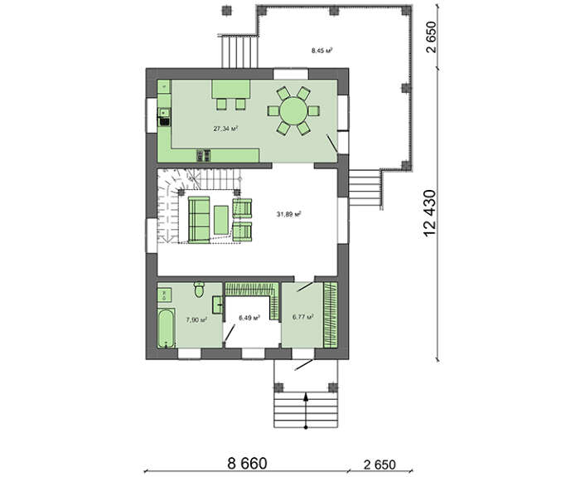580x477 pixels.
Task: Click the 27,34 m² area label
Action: [225, 129]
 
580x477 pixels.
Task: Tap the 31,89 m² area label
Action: [288, 214]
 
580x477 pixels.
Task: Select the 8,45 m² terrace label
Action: [321, 51]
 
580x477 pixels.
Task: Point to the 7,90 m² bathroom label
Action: [196, 320]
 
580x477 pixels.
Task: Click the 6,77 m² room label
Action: [303, 317]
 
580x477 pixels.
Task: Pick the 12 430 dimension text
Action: [430, 214]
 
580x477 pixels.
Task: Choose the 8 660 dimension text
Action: [247, 463]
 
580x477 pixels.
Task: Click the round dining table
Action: [293, 110]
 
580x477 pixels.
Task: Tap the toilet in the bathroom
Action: [199, 290]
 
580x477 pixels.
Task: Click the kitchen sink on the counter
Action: [164, 112]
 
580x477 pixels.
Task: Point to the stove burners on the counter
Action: [204, 156]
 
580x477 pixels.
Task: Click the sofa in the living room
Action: [199, 220]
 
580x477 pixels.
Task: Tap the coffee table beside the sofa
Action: [221, 220]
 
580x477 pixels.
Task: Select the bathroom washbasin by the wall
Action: [217, 304]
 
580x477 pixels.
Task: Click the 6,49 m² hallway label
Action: [249, 318]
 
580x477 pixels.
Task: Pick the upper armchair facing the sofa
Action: [242, 207]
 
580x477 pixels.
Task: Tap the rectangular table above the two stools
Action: [231, 89]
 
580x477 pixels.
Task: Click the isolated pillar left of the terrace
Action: [226, 10]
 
